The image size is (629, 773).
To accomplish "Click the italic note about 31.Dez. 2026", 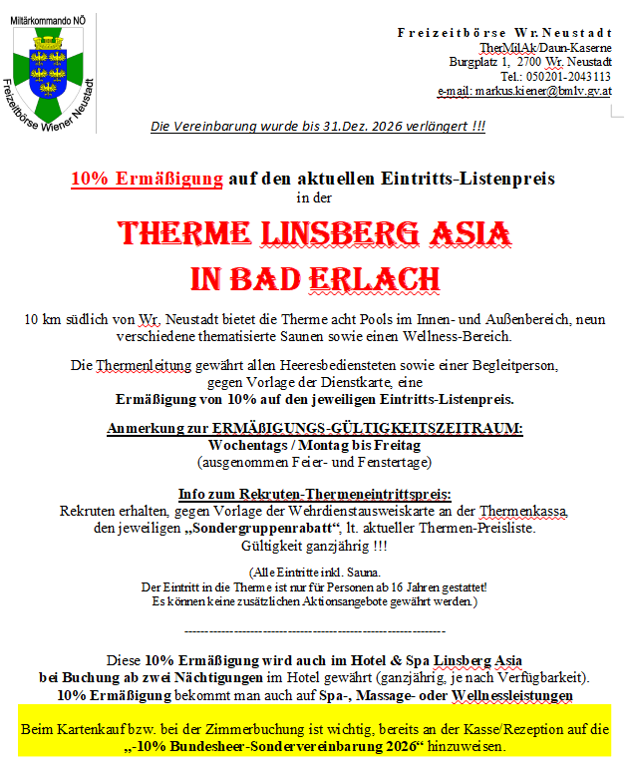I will (x=317, y=126).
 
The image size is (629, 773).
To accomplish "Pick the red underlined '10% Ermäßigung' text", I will (x=147, y=180).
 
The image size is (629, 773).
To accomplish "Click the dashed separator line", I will (x=315, y=630).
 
